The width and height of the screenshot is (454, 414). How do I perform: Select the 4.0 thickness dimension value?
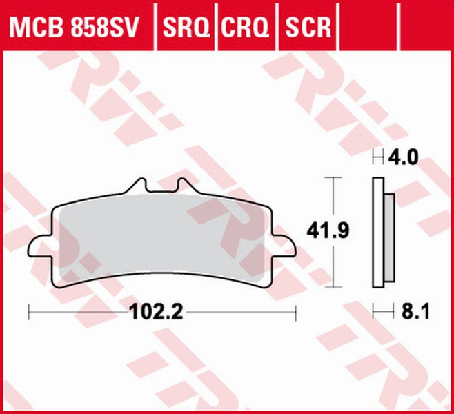402,158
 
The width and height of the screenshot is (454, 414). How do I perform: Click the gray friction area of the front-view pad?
166,238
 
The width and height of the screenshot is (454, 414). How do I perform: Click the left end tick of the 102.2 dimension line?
28,313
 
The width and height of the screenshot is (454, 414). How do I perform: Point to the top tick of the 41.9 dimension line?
333,178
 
